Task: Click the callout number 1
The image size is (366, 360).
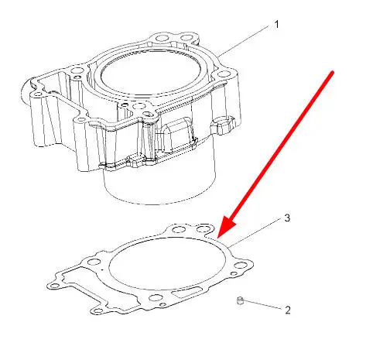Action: pos(277,25)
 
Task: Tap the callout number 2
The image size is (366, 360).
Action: pos(288,310)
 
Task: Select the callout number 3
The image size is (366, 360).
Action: pos(287,218)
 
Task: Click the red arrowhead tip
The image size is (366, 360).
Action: pos(218,238)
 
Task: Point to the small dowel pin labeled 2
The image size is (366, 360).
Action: pos(240,300)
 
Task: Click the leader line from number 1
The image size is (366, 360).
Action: pos(243,41)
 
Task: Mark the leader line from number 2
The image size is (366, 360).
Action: pos(262,304)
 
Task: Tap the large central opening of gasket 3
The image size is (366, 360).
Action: pos(167,263)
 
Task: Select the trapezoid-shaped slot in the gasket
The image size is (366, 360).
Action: pos(188,292)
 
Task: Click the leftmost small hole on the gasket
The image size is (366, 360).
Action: pos(54,286)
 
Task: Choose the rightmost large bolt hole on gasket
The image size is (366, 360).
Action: pos(240,266)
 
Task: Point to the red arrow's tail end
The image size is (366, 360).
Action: pos(333,72)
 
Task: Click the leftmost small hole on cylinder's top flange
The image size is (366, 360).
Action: pos(38,94)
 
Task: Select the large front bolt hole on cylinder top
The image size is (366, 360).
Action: pos(139,106)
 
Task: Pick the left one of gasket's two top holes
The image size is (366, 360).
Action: pos(178,229)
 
